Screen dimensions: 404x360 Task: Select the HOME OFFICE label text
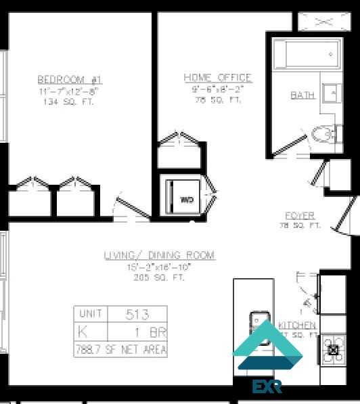[217, 78]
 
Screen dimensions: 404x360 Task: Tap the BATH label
[302, 95]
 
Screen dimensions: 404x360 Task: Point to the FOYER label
[300, 216]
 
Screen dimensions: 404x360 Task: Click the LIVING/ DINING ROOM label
[159, 255]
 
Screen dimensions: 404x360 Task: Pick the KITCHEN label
[298, 326]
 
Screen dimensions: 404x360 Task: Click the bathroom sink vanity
[330, 92]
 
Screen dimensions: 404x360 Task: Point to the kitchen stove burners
[332, 350]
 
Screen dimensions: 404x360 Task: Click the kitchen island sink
[260, 322]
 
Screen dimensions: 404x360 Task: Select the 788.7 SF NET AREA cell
[120, 349]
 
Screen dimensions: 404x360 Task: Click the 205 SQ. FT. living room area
[159, 277]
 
